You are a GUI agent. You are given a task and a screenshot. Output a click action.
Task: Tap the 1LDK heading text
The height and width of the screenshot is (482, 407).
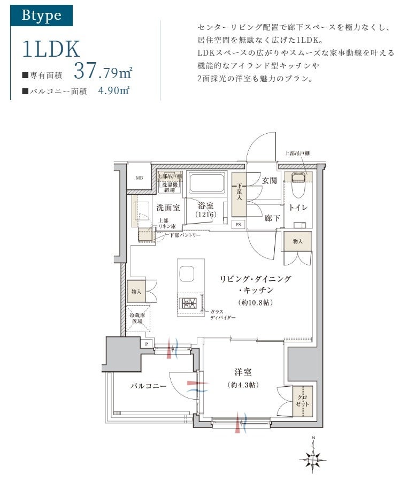(51, 49)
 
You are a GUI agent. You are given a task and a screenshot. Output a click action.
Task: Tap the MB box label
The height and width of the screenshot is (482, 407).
(139, 179)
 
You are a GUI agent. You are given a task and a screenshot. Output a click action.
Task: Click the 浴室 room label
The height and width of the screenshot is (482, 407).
(205, 205)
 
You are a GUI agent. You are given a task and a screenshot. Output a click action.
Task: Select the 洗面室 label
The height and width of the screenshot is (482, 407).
(167, 207)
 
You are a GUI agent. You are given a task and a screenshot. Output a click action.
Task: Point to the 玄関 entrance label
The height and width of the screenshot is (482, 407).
(269, 181)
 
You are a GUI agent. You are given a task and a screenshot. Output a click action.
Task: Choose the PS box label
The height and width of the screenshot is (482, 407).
(238, 225)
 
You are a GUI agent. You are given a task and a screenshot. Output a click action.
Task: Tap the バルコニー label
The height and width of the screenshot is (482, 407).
(148, 386)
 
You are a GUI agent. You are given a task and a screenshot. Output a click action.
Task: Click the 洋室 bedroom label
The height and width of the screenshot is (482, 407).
(242, 373)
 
